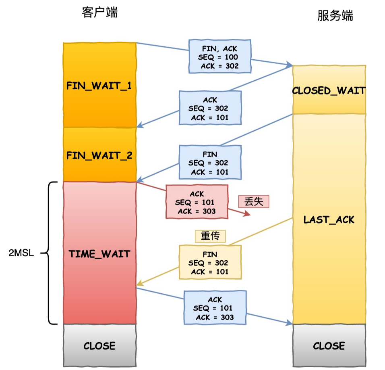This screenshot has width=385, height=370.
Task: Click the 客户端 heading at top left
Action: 99,13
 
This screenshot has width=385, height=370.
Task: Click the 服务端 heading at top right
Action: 335,16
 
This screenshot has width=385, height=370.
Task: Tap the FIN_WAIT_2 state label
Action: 99,155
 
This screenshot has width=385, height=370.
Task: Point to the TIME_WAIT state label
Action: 99,254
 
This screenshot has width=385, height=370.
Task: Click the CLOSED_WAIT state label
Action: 329,90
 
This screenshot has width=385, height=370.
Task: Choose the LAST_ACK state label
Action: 329,219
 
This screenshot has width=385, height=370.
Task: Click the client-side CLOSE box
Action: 99,346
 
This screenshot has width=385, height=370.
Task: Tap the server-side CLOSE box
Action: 329,346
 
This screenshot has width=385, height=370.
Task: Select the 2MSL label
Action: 21,254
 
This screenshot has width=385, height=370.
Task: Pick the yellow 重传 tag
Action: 210,236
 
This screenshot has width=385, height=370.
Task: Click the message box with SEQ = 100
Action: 220,56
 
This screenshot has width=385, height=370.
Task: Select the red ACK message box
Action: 197,202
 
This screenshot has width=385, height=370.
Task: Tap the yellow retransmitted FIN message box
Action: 210,262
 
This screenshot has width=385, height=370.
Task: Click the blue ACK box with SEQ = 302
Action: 210,108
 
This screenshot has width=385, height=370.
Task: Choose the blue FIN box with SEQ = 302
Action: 210,162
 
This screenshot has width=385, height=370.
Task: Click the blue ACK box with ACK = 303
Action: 215,307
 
